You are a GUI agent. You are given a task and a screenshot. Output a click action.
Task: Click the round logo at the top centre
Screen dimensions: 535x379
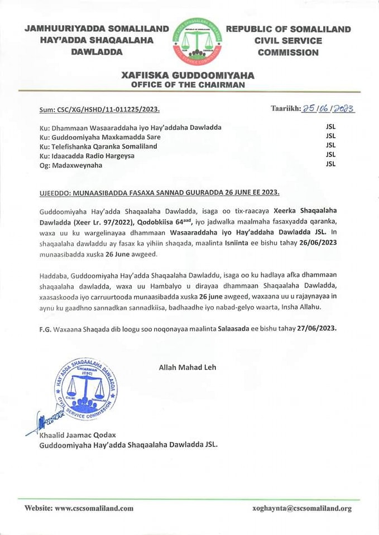(x=195, y=41)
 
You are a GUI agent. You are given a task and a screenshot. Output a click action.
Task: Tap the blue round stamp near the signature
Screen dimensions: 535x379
(x=86, y=388)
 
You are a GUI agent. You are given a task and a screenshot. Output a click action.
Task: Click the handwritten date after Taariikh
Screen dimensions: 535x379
(x=328, y=109)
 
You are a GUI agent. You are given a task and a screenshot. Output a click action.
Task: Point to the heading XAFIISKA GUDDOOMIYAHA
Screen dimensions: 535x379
(x=188, y=75)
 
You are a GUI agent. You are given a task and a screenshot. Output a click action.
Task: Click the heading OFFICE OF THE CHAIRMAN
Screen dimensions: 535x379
(x=188, y=85)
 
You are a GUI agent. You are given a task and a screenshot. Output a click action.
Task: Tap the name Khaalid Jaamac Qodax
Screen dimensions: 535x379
(x=73, y=435)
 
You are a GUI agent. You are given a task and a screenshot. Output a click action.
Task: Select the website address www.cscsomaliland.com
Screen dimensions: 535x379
(x=94, y=508)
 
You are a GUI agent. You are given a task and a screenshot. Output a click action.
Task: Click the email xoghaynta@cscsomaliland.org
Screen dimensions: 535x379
(x=301, y=508)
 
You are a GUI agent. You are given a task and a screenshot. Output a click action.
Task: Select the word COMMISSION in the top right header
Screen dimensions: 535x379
(x=288, y=52)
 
